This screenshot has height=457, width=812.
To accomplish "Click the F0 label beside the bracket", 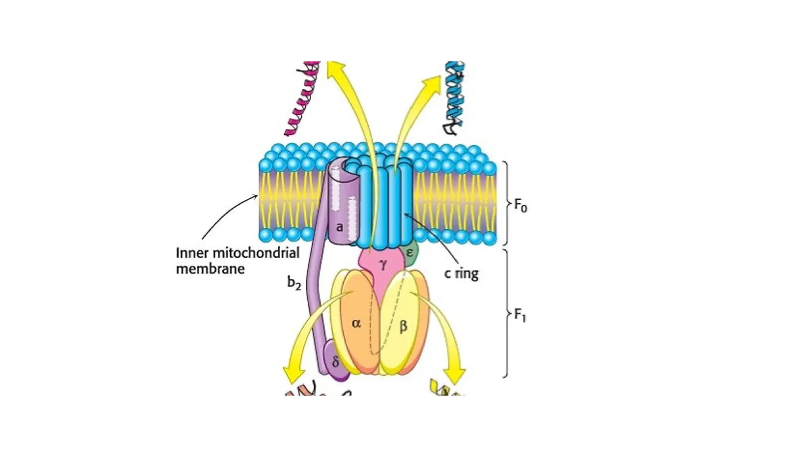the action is [x=521, y=205].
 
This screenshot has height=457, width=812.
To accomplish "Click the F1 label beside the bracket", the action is [x=520, y=316].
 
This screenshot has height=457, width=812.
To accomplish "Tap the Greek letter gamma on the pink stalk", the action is [x=382, y=265].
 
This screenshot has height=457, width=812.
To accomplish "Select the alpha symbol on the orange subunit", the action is [x=356, y=323].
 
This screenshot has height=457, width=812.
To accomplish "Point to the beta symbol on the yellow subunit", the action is [x=403, y=326].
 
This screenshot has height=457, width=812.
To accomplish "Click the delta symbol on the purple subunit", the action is [x=335, y=362].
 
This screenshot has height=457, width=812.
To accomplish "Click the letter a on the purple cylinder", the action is [x=339, y=227].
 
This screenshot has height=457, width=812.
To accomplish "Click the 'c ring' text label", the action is [x=462, y=273].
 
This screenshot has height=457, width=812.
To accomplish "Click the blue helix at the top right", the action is [x=454, y=97].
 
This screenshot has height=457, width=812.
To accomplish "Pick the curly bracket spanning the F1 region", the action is [x=507, y=313].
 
